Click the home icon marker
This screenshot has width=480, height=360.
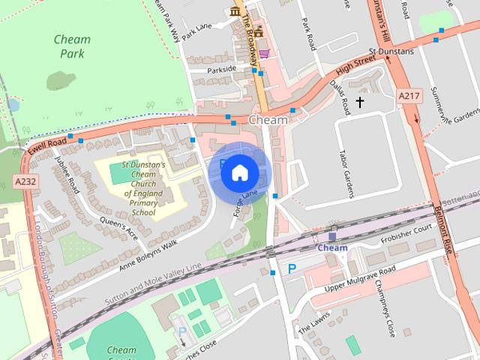coord(239,172)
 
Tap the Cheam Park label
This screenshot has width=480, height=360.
coord(73,46)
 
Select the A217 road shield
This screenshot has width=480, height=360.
coord(409,96)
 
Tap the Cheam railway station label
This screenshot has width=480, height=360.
coord(332,248)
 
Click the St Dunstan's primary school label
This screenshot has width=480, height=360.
coord(138,189)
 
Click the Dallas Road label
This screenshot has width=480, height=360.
coord(340,97)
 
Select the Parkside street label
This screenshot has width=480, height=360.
coord(221,69)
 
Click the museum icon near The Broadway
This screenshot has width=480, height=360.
coord(235,13)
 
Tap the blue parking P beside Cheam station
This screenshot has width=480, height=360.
coord(292,268)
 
